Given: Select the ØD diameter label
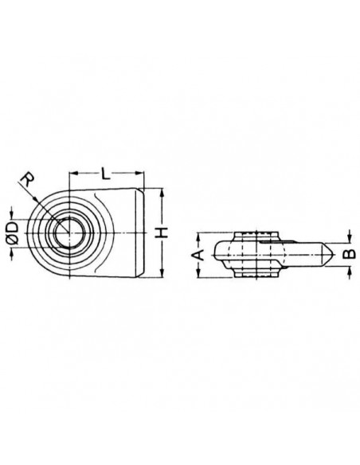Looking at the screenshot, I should [x=12, y=231].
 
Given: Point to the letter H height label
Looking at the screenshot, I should [x=163, y=232].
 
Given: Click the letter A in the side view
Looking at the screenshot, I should [x=202, y=255].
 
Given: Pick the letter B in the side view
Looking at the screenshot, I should [x=346, y=255].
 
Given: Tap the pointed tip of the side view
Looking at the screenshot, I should [x=333, y=256].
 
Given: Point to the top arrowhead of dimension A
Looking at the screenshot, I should [x=198, y=235].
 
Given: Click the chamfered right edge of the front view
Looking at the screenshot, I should [x=144, y=232].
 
